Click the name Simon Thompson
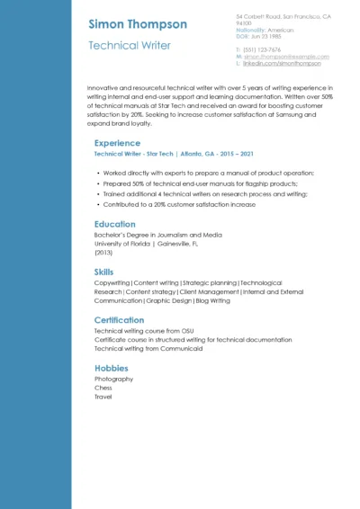pos(138,24)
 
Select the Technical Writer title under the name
pos(129,45)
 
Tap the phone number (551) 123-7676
pos(262,49)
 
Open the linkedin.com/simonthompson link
pos(282,64)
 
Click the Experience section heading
pos(117,143)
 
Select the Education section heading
pos(115,224)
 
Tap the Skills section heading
pos(104,272)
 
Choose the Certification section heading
pos(119,320)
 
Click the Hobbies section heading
pos(112,368)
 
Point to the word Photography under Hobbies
pos(113,379)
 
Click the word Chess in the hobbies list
pos(103,388)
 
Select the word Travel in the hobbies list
pos(103,397)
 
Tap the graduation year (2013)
pos(103,253)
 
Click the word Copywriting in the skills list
pos(112,283)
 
